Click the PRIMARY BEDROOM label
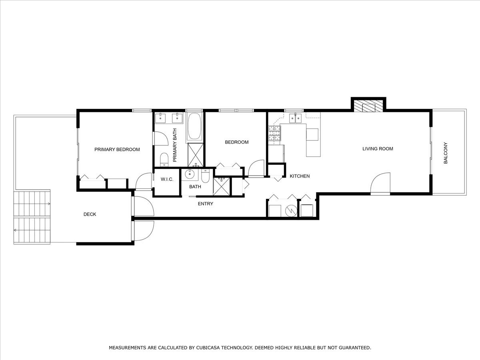click(x=117, y=150)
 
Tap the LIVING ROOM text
click(x=378, y=149)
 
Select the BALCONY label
click(x=446, y=153)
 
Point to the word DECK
click(x=90, y=214)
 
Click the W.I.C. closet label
click(x=167, y=179)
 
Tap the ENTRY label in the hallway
click(x=206, y=204)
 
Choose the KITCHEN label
click(x=300, y=176)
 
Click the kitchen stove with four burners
click(x=274, y=133)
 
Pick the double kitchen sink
click(x=296, y=118)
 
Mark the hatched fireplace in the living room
click(x=368, y=106)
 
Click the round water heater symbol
click(x=291, y=210)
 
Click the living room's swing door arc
click(x=380, y=183)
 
